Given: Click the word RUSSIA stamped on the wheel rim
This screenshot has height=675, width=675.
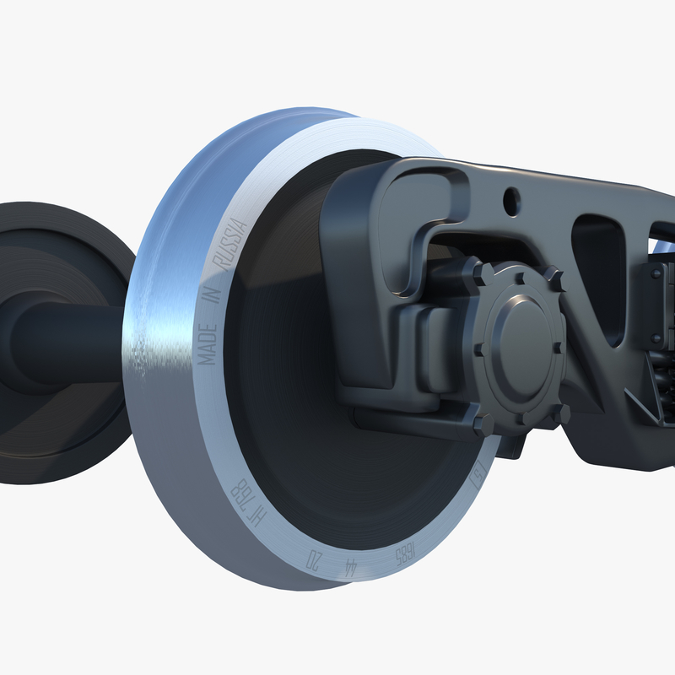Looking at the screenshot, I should pos(230,244).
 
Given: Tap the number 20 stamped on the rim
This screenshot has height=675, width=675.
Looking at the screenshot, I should pos(314,560).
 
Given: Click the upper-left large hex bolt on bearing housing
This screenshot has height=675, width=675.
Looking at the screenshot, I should pos(483,274).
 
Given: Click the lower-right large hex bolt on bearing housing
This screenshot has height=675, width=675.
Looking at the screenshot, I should pos(559,413).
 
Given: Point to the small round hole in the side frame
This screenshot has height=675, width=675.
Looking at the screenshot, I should pos(510,201).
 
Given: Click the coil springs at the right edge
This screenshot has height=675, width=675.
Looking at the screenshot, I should pos(663,354).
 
